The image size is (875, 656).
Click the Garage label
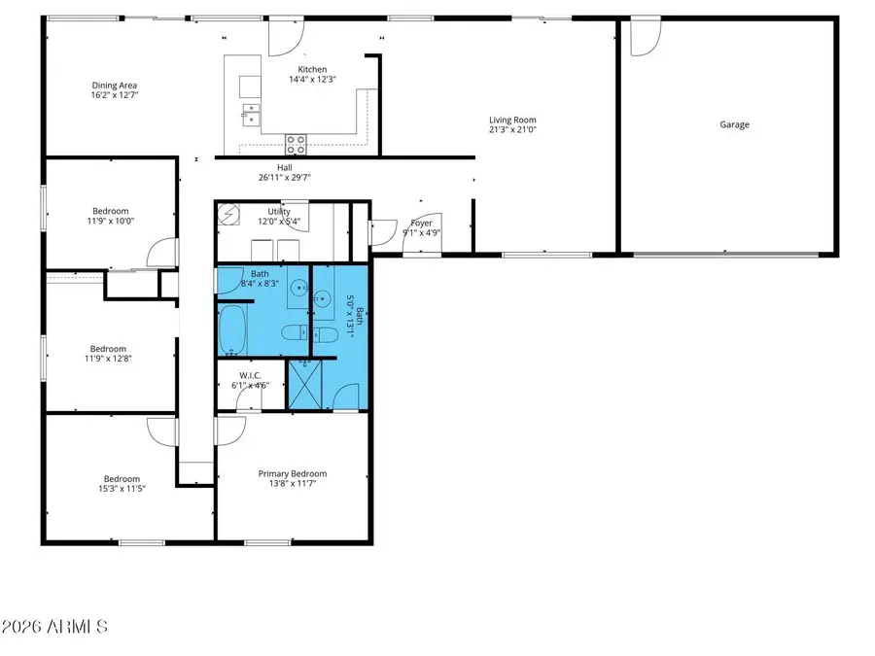[734, 124]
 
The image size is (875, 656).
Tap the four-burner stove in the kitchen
[297, 145]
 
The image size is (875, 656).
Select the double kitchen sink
[250, 115]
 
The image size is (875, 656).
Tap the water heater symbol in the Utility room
[229, 213]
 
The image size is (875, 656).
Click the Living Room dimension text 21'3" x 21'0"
[512, 129]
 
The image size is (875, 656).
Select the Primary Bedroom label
[292, 474]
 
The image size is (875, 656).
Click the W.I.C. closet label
[250, 375]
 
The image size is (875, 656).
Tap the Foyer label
[422, 223]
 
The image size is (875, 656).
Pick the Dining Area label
[114, 86]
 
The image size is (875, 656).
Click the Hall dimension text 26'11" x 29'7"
[284, 178]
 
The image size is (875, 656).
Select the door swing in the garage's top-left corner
[644, 37]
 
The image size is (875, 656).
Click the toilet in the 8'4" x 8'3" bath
[293, 334]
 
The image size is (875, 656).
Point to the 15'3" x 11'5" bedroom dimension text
[122, 489]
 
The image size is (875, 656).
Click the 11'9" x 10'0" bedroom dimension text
[110, 221]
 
